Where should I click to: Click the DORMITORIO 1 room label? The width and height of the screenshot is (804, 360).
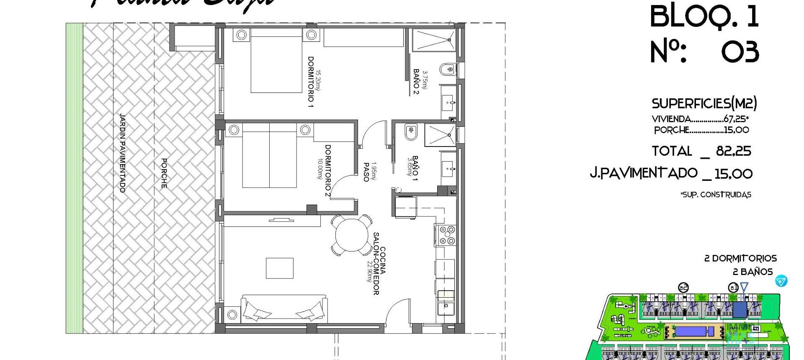click(x=311, y=82)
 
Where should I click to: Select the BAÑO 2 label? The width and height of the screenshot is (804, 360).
click(x=416, y=82)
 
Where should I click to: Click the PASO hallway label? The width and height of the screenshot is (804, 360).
click(x=366, y=172)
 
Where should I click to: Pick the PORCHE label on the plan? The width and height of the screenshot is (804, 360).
click(x=164, y=173)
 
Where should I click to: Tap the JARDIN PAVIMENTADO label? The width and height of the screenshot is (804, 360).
click(x=122, y=153)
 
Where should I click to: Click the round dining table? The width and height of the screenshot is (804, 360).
click(x=351, y=235)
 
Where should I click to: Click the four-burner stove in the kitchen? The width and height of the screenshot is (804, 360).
click(x=446, y=235)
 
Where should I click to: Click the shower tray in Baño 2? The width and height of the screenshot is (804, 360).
click(x=434, y=40)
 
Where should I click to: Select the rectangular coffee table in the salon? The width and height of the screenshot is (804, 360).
click(x=280, y=268)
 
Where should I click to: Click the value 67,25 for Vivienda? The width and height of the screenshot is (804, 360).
click(x=736, y=119)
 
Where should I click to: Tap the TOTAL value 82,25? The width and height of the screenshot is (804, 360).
click(x=733, y=151)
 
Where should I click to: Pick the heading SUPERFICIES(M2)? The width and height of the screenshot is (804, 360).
click(x=704, y=103)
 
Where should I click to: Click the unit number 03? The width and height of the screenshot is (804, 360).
click(x=740, y=53)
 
